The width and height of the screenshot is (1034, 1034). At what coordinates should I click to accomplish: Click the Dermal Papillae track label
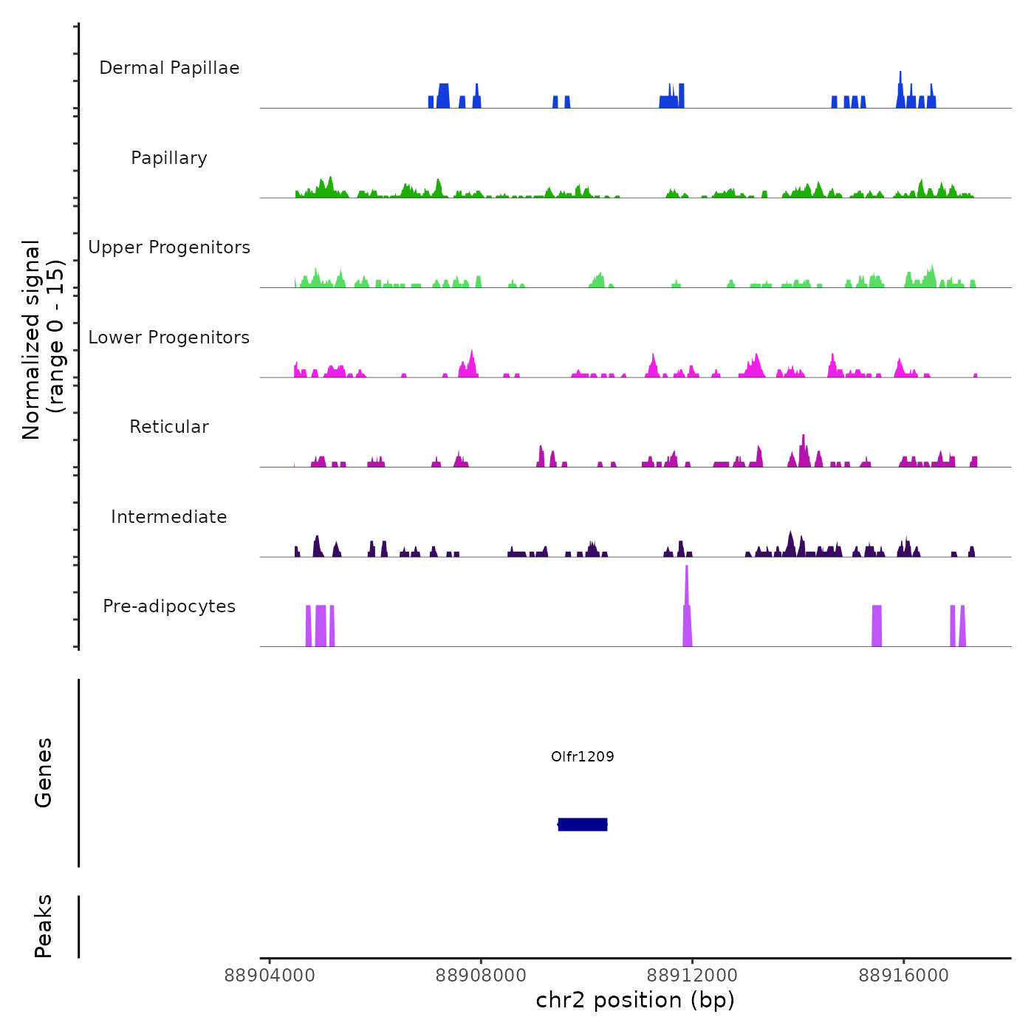point(169,68)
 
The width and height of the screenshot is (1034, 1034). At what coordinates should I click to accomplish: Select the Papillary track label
point(169,158)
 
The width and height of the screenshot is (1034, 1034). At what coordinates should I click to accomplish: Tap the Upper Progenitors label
point(169,247)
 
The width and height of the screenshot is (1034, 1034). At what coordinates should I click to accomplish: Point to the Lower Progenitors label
point(169,338)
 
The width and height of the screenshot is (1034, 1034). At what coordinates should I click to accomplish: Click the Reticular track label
point(169,427)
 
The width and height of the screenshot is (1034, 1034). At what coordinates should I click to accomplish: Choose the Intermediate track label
point(169,517)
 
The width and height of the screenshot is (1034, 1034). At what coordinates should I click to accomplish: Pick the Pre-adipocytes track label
point(169,606)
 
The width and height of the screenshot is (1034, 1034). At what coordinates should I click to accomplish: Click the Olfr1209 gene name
point(583,756)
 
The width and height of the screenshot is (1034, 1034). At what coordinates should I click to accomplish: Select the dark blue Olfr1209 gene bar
point(583,824)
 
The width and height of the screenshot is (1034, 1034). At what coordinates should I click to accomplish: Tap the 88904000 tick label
point(270,976)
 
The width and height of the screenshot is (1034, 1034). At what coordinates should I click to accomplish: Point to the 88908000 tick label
point(481,976)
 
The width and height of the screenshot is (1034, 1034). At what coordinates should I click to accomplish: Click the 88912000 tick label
point(693,976)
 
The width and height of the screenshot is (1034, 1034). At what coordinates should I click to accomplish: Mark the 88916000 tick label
point(904,976)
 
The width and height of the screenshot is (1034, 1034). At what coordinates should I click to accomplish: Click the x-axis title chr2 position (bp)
point(635,1001)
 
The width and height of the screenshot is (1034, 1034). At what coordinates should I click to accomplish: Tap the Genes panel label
point(44,773)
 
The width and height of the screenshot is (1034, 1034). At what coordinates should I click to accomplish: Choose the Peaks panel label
point(44,926)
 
